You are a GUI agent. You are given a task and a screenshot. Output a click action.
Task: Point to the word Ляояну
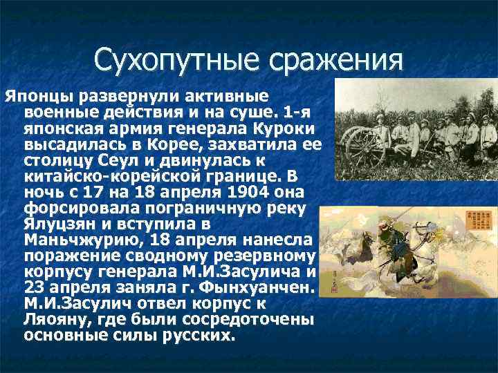click(52, 320)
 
